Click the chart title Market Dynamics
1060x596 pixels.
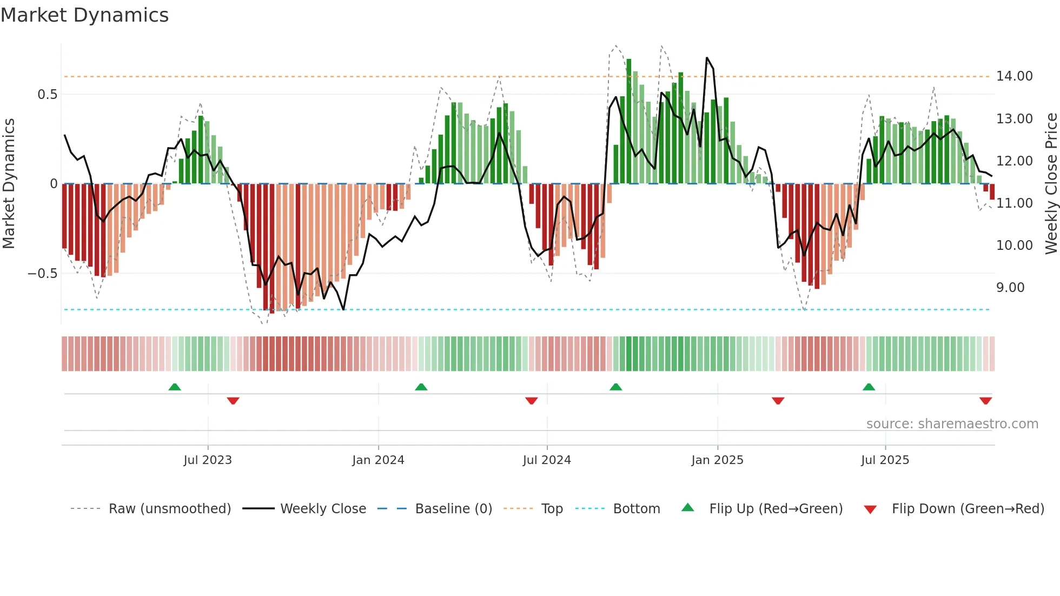[84, 15]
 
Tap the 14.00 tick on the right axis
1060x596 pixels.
[1014, 76]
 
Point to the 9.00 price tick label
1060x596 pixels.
[1010, 288]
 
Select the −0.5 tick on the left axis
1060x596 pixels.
[42, 274]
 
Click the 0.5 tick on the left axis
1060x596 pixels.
[47, 95]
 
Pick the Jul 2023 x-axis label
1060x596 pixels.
[207, 460]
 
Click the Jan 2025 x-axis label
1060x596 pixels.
[717, 460]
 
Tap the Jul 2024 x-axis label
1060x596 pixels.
[546, 460]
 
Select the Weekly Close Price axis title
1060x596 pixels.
[1051, 184]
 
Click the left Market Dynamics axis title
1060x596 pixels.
[9, 184]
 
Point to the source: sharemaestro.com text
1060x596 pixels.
[952, 424]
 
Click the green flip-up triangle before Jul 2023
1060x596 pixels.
[175, 387]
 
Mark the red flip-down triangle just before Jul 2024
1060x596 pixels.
[531, 401]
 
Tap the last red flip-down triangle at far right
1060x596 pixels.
[985, 401]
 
